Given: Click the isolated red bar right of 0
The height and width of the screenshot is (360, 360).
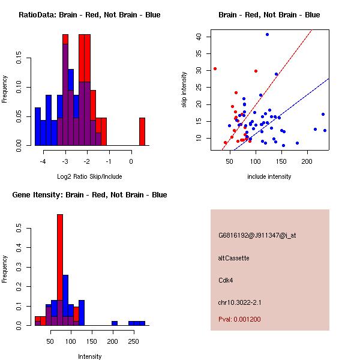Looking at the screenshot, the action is click(x=142, y=131).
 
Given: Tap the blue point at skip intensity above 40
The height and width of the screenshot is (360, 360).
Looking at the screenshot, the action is click(x=267, y=34).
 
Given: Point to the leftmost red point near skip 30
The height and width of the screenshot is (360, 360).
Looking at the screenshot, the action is click(x=215, y=68).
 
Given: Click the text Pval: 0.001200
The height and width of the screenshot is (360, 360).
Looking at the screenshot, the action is click(x=239, y=319).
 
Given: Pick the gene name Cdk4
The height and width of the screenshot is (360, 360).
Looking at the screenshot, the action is click(x=226, y=280).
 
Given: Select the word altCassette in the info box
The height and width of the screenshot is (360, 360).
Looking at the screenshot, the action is click(x=233, y=258).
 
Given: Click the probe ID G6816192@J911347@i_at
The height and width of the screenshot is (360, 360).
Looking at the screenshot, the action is click(x=257, y=235).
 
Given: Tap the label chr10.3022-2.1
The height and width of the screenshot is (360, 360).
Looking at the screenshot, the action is click(x=239, y=302).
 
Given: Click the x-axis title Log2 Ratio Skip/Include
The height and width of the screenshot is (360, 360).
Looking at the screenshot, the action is click(x=89, y=176).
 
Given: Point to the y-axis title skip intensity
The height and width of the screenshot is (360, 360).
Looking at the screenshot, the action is click(x=184, y=89).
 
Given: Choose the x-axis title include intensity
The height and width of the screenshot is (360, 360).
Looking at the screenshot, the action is click(x=269, y=176).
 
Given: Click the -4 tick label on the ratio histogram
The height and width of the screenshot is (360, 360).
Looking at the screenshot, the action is click(x=43, y=161).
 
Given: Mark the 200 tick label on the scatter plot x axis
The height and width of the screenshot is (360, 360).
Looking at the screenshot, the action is click(x=307, y=161).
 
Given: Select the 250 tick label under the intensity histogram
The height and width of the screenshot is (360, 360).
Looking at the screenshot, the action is click(x=133, y=341).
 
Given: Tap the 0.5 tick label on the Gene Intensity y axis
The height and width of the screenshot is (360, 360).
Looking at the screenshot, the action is click(x=19, y=228).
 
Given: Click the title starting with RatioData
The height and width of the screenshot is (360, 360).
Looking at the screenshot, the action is click(x=89, y=15).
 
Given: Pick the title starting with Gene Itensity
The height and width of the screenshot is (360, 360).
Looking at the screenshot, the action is click(x=89, y=195).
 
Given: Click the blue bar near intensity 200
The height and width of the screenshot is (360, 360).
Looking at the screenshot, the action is click(x=115, y=323).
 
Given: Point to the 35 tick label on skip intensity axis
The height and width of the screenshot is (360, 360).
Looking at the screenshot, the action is click(x=199, y=54).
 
